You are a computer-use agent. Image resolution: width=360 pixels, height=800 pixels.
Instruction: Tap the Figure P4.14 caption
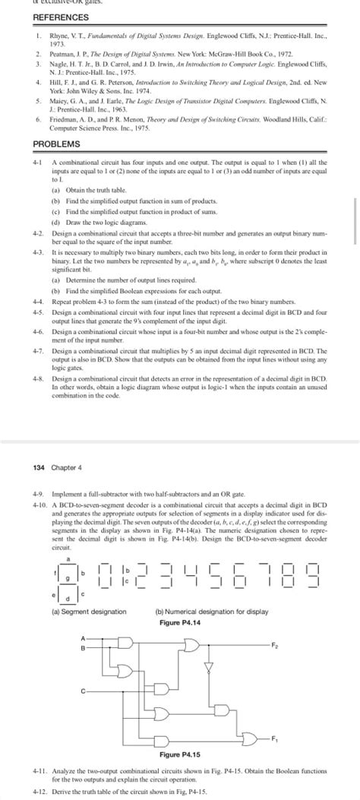tap(180, 623)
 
